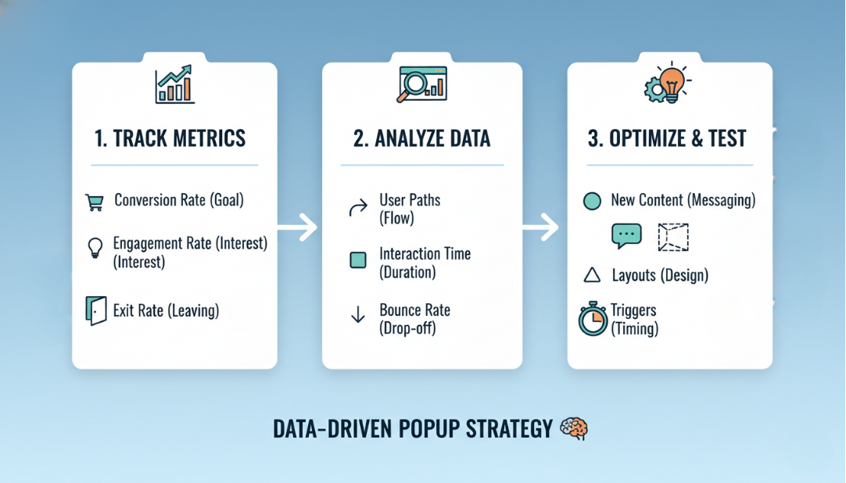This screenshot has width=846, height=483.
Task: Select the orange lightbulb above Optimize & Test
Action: pyautogui.click(x=672, y=82)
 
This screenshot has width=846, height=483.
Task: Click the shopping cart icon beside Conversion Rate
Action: pyautogui.click(x=95, y=202)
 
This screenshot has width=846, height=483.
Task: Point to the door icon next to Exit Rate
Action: pyautogui.click(x=95, y=311)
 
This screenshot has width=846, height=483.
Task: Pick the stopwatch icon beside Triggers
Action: pyautogui.click(x=593, y=319)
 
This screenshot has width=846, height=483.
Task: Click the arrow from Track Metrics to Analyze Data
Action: pyautogui.click(x=298, y=227)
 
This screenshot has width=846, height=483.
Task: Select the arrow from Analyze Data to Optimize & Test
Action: pyautogui.click(x=542, y=227)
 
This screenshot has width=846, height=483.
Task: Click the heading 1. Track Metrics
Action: pyautogui.click(x=170, y=139)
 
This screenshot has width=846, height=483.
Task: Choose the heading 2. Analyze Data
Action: pyautogui.click(x=421, y=139)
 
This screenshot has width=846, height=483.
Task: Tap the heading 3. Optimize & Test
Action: pyautogui.click(x=667, y=139)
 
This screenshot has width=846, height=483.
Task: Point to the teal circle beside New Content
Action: pyautogui.click(x=592, y=201)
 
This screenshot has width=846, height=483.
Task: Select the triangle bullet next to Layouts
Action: pyautogui.click(x=592, y=275)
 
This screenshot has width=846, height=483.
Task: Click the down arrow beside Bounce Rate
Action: pyautogui.click(x=358, y=316)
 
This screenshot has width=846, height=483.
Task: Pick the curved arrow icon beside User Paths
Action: pyautogui.click(x=357, y=209)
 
